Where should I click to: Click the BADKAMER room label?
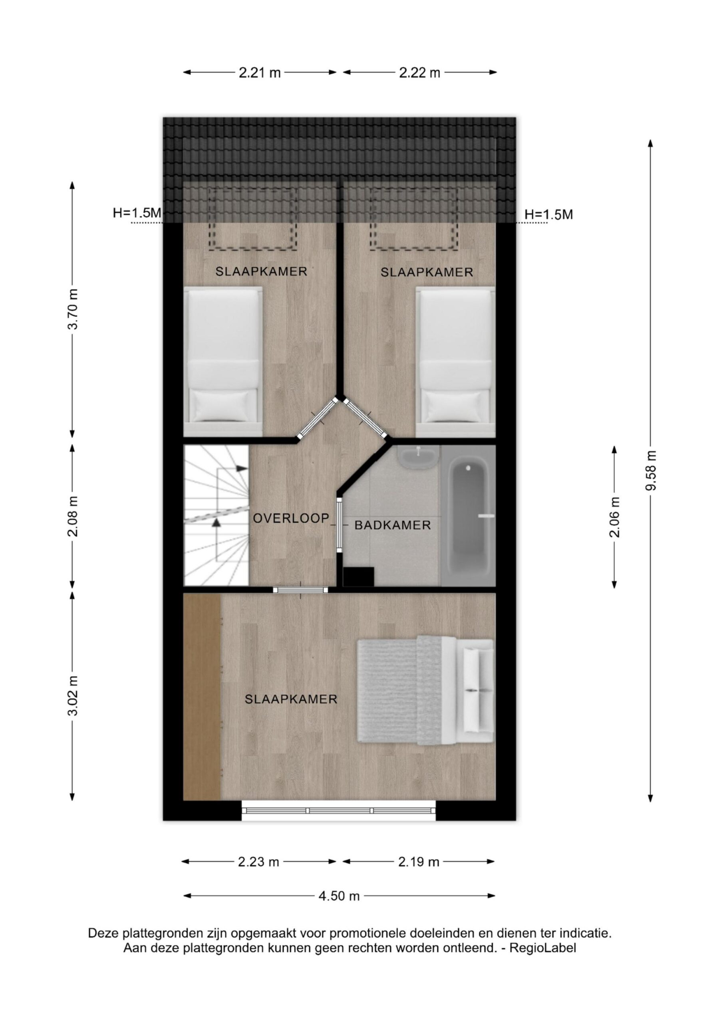393,525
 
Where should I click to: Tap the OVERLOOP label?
291,518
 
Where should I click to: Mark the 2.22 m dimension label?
420,73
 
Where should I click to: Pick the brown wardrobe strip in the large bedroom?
202,697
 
